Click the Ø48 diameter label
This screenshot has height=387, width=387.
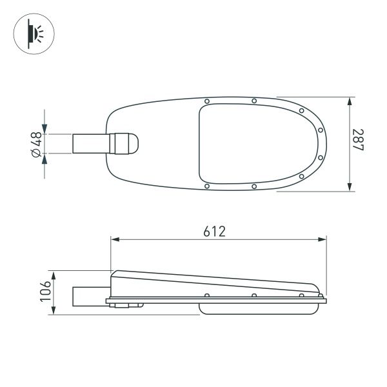pyautogui.click(x=36, y=143)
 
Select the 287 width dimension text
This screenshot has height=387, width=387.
pyautogui.click(x=358, y=143)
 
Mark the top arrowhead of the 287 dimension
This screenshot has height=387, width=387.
pyautogui.click(x=350, y=102)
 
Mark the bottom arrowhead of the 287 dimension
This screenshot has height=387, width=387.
pyautogui.click(x=350, y=186)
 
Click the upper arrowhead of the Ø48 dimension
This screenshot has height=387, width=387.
pyautogui.click(x=44, y=129)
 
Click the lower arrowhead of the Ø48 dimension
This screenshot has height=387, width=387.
pyautogui.click(x=44, y=158)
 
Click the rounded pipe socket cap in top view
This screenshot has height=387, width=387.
pyautogui.click(x=128, y=143)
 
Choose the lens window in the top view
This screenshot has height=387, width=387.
pyautogui.click(x=258, y=143)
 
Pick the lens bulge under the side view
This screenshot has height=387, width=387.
pyautogui.click(x=258, y=308)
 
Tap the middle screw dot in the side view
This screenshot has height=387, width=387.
pyautogui.click(x=254, y=295)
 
